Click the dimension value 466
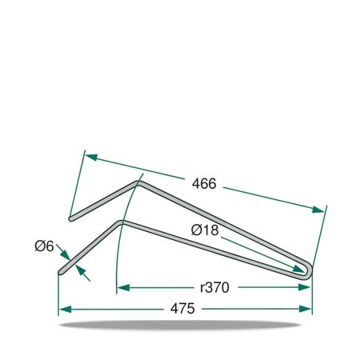204,184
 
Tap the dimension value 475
182,309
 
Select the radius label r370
214,287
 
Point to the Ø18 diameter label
205,230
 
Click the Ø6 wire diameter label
44,246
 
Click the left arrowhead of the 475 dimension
65,310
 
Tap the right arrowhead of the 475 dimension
306,309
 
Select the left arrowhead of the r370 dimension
123,288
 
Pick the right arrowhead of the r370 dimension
304,287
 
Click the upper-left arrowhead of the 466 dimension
92,157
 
